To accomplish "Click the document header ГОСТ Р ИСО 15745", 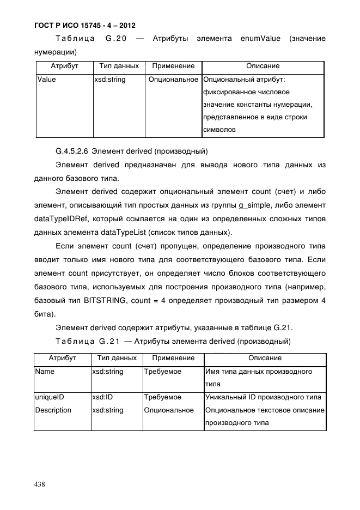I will tap(84, 25).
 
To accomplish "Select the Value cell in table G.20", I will tap(46, 80).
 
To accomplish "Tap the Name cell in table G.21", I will tap(45, 372).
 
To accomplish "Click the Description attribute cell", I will tap(53, 410).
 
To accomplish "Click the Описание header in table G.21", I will tap(265, 358).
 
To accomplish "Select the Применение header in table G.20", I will tap(173, 66).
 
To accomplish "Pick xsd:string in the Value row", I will tap(110, 80).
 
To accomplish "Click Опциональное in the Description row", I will tap(169, 410).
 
